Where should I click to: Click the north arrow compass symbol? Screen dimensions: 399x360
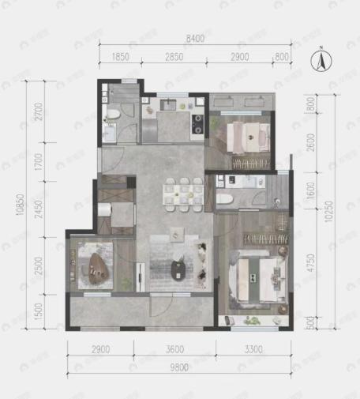click(x=321, y=59)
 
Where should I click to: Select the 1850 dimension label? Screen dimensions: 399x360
click(x=121, y=58)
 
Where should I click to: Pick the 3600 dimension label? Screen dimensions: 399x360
click(x=174, y=348)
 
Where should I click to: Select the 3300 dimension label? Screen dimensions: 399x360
click(x=253, y=348)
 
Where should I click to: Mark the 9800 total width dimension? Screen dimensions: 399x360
click(x=180, y=367)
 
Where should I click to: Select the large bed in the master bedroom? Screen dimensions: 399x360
click(x=254, y=280)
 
